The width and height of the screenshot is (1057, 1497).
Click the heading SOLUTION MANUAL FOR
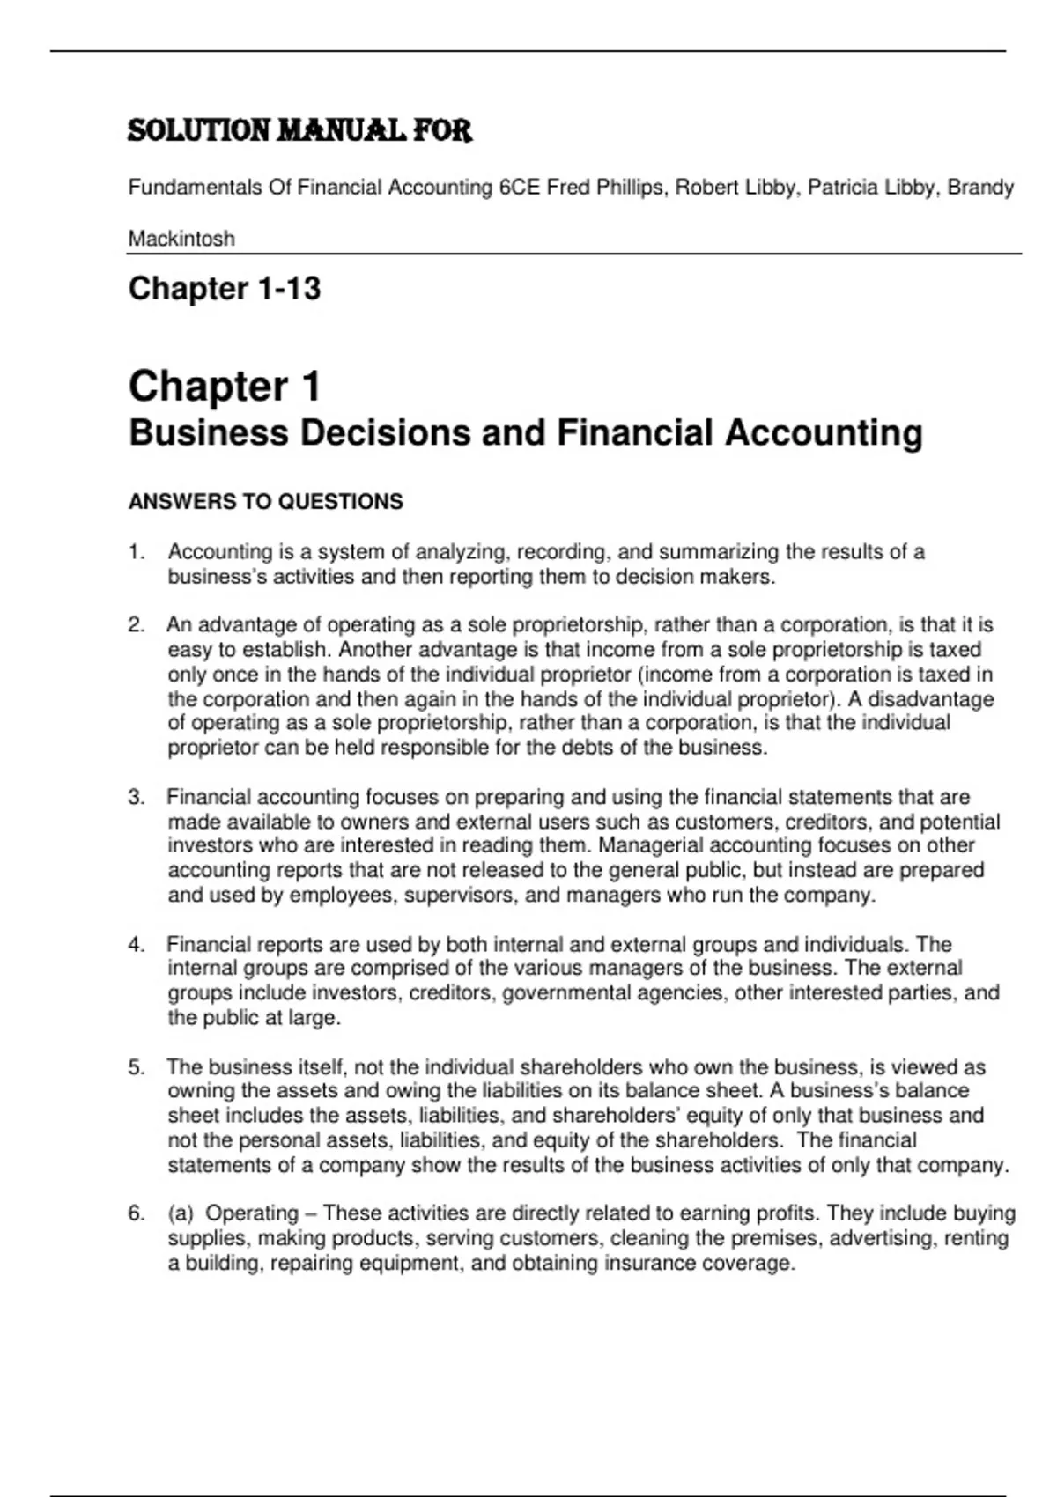coord(299,131)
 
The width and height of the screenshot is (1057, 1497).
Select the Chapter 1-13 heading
coord(225,288)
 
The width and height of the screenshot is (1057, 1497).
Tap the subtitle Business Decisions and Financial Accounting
coord(525,433)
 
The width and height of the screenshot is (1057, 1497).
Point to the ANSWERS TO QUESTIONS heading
coord(265,502)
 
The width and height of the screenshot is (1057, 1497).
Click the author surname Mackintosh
coord(181,239)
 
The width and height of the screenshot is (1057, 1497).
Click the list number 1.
coord(136,552)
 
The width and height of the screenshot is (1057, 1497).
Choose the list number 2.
coord(136,625)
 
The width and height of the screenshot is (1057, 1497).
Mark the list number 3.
coord(136,798)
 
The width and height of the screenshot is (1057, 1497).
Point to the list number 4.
coord(136,945)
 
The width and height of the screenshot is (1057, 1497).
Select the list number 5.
coord(136,1067)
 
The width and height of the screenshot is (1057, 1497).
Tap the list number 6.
coord(136,1213)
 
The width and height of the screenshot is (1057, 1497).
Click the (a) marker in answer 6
coord(181,1213)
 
